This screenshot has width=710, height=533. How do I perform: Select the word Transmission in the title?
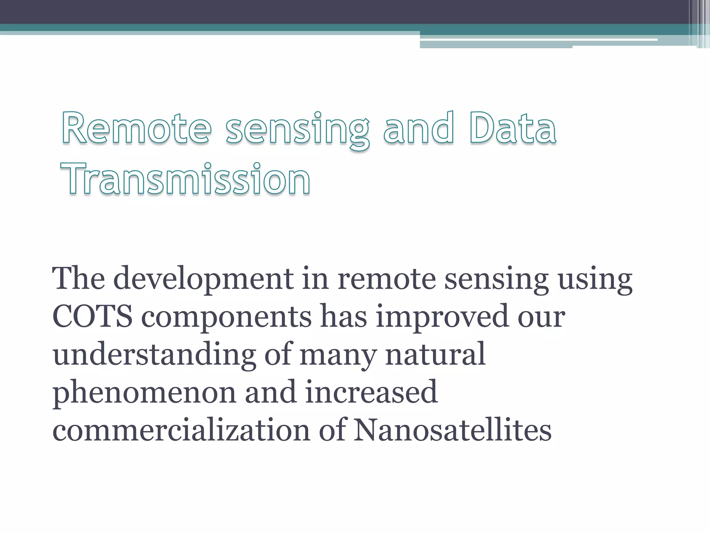click(x=185, y=179)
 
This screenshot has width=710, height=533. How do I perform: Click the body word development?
click(x=204, y=279)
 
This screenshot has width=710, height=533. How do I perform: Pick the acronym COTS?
click(x=92, y=316)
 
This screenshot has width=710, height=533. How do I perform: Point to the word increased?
click(x=371, y=392)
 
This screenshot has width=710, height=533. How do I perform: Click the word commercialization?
click(x=181, y=430)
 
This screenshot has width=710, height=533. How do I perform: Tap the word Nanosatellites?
click(x=452, y=430)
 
